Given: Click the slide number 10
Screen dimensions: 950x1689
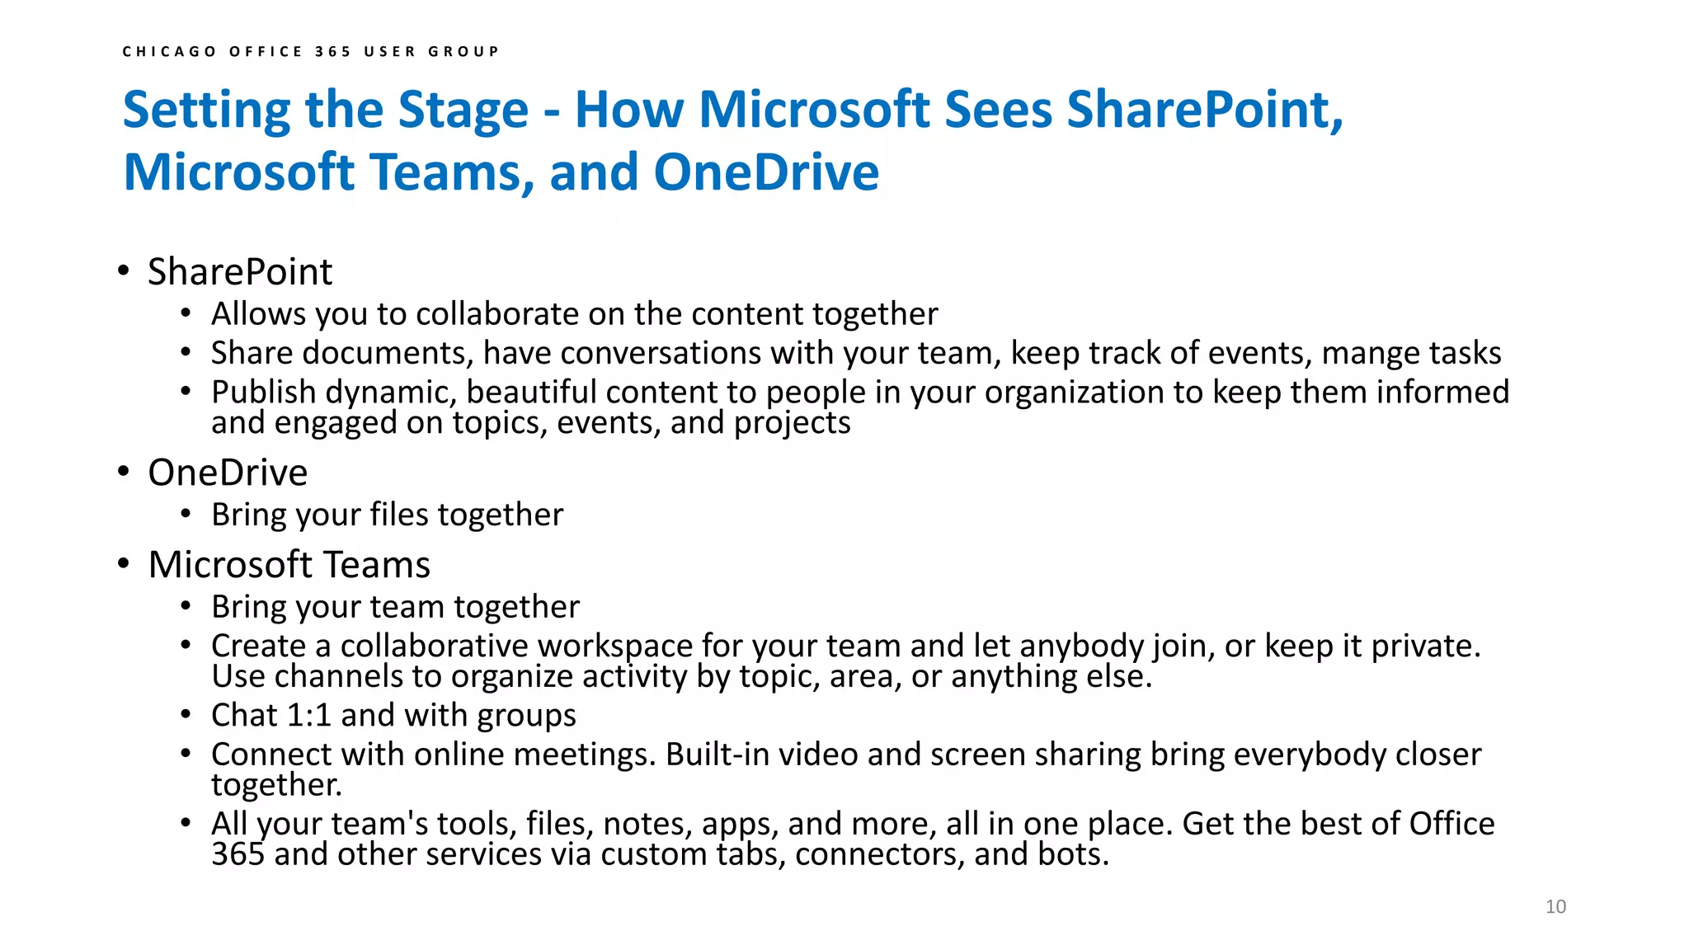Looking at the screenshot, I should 1555,906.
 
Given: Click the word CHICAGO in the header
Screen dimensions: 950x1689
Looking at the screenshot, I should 170,51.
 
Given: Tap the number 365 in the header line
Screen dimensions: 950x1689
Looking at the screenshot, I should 332,51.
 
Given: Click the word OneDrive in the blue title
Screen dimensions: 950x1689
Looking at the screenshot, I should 766,172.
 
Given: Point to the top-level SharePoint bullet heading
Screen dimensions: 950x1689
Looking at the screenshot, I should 240,272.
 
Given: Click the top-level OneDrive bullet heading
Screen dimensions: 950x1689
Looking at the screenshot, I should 228,473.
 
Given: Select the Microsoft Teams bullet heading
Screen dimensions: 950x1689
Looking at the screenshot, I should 289,565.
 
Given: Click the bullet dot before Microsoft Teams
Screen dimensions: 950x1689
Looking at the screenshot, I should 123,565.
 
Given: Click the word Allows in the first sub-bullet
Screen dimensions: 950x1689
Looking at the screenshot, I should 258,314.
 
